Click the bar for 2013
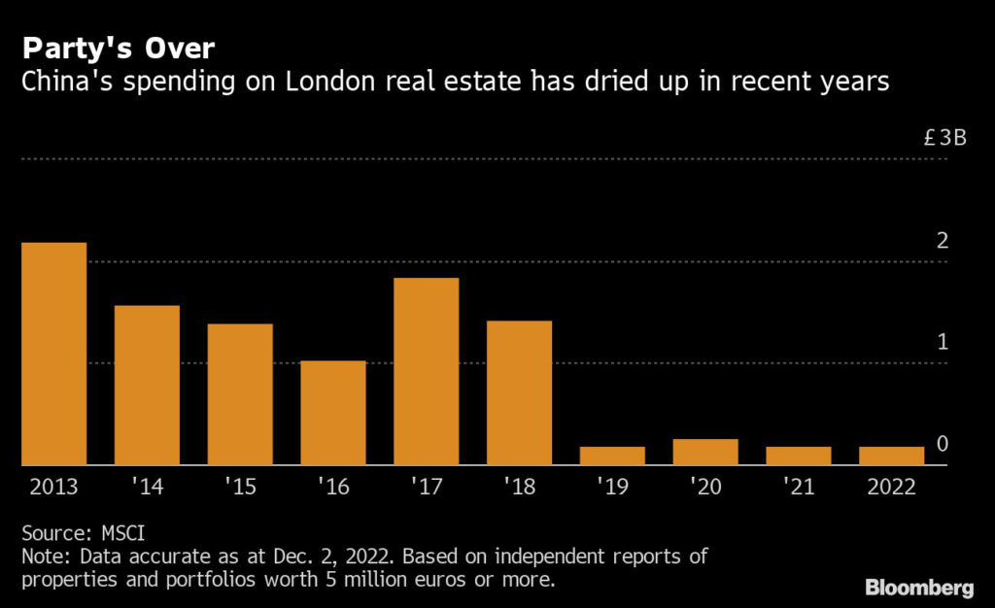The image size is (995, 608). click(x=53, y=354)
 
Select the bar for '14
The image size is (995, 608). click(x=147, y=386)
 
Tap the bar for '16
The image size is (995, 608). click(x=333, y=413)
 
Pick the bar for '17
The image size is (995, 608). click(x=427, y=371)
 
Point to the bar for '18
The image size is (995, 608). click(x=519, y=392)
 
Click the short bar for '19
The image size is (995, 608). click(x=612, y=456)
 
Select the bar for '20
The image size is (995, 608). click(x=705, y=452)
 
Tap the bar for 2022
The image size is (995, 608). click(x=891, y=456)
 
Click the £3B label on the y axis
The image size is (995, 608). click(x=944, y=138)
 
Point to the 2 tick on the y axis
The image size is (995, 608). click(x=942, y=240)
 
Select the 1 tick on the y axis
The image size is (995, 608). click(x=942, y=342)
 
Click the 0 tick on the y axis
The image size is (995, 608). click(x=942, y=444)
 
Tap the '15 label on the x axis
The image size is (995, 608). click(x=240, y=487)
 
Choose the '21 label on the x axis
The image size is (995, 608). click(x=798, y=487)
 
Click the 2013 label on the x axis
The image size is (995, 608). click(x=53, y=487)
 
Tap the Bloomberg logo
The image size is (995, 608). click(x=919, y=587)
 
